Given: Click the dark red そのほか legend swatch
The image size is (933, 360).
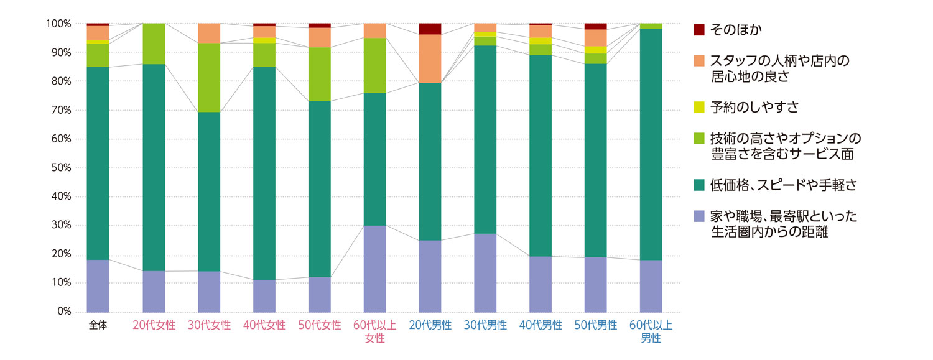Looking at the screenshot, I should point(699,29).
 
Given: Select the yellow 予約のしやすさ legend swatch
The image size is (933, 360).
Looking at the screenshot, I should point(699,108).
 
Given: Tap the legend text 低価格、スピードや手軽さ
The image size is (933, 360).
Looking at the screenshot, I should point(774,185).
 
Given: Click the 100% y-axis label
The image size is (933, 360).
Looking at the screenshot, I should point(57,24).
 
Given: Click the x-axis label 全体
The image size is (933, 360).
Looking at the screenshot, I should point(98,325).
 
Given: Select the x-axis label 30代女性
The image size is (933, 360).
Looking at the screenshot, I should point(209,325).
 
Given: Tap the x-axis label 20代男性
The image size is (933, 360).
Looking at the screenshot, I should point(430,325).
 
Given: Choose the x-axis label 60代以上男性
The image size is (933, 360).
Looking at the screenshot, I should point(651,331).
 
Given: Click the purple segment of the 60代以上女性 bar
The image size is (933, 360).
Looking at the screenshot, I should point(374,269).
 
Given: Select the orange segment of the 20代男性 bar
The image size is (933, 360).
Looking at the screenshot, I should point(430,58).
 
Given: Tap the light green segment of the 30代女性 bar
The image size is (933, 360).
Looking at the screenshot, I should point(209,78).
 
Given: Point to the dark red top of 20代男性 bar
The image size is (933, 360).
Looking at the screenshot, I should point(430,29).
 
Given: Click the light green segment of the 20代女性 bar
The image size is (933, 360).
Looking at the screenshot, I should point(154,44).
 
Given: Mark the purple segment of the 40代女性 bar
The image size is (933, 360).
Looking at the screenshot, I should point(264,296).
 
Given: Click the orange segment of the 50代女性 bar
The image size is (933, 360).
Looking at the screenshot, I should point(319,37).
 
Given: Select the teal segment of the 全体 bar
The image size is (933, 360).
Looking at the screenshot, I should point(98,163).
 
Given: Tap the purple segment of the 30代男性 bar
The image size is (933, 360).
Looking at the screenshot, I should point(485,272).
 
